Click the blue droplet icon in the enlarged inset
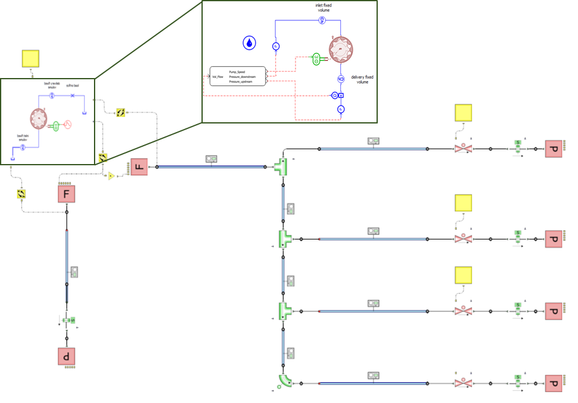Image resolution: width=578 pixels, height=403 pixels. pyautogui.click(x=249, y=42)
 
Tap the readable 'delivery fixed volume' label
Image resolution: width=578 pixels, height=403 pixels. pyautogui.click(x=362, y=79)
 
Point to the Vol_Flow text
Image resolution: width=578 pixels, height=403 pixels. pyautogui.click(x=219, y=77)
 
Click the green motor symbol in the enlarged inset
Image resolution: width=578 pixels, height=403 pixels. pyautogui.click(x=316, y=59)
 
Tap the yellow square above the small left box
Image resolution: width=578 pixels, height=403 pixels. pyautogui.click(x=31, y=58)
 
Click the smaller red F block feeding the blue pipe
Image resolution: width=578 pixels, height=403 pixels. pyautogui.click(x=139, y=166)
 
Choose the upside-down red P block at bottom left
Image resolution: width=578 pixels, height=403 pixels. pyautogui.click(x=66, y=356)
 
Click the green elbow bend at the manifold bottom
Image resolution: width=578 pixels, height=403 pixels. pyautogui.click(x=284, y=382)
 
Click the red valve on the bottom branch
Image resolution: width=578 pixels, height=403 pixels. pyautogui.click(x=462, y=383)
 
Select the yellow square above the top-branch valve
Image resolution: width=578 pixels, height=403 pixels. pyautogui.click(x=463, y=113)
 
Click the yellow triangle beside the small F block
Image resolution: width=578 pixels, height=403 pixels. pyautogui.click(x=111, y=176)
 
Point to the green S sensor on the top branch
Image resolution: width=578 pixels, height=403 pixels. pyautogui.click(x=518, y=147)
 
